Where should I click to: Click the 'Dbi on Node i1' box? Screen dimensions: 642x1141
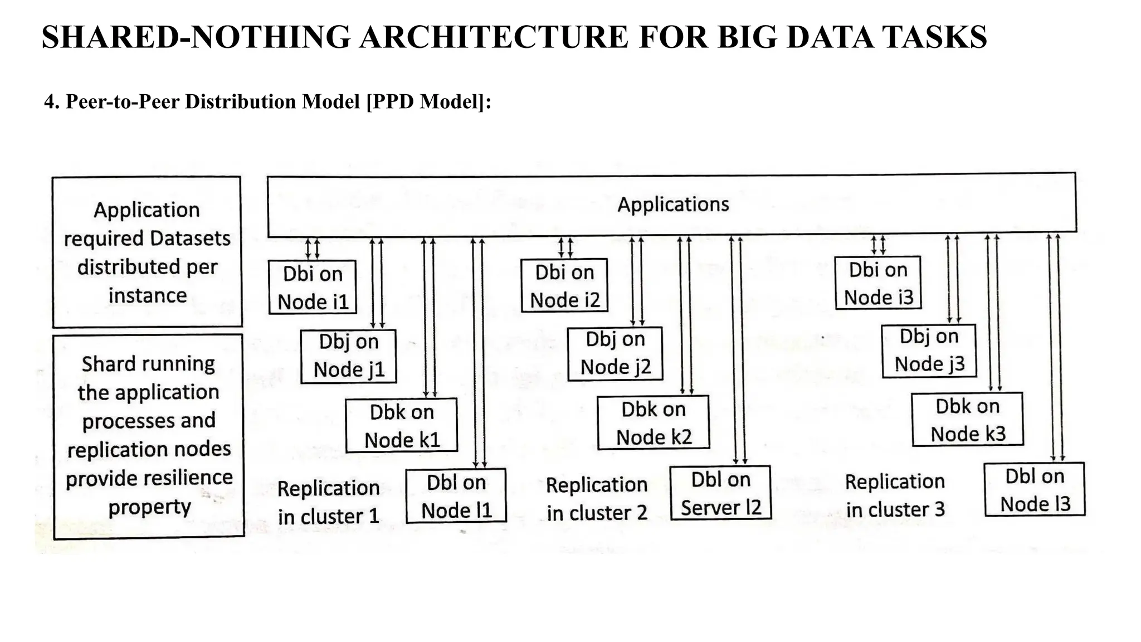(313, 288)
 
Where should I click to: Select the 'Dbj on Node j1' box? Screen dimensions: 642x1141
(349, 356)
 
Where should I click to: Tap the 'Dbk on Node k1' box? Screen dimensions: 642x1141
(402, 425)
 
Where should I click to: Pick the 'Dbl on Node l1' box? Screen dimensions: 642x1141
(456, 496)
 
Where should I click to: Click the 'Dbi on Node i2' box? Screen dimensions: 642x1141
(564, 285)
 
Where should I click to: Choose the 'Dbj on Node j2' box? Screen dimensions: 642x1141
(615, 353)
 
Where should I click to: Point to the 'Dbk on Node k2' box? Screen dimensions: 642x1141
(654, 422)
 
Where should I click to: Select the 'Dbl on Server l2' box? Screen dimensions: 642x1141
(721, 493)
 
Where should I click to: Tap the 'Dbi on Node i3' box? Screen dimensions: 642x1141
(878, 283)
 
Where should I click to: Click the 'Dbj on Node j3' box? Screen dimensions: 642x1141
(929, 351)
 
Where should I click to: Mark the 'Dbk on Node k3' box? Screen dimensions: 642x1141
(968, 420)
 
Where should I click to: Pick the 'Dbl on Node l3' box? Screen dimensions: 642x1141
(1035, 490)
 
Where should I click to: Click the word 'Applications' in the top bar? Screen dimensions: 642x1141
(673, 205)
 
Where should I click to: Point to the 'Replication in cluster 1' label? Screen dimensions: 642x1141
(329, 502)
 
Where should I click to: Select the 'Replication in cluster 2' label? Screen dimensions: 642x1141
(597, 499)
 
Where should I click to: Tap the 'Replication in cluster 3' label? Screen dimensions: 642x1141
(895, 495)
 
